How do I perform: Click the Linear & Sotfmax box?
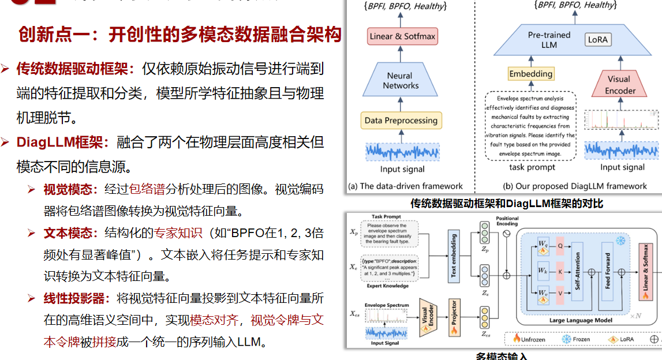402,37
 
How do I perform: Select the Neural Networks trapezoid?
401,80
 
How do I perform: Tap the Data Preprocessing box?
401,121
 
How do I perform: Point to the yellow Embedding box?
530,74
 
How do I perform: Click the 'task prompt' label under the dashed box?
532,167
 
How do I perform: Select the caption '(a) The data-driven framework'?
405,186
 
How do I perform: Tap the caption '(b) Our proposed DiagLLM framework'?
575,186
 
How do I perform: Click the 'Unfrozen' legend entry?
528,340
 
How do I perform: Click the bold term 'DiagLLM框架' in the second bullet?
59,142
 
